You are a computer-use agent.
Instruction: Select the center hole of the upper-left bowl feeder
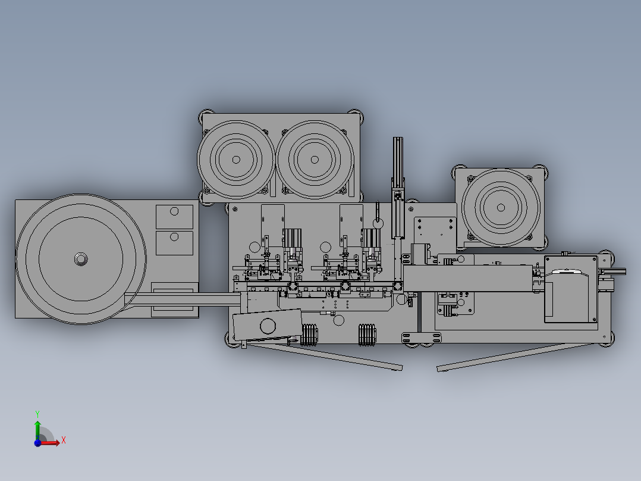tap(236, 160)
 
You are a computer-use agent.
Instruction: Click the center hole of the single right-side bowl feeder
tap(502, 208)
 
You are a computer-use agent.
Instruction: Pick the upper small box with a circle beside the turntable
tap(174, 216)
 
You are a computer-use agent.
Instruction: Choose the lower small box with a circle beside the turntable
tap(174, 242)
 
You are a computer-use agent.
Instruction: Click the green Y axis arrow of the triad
tap(37, 424)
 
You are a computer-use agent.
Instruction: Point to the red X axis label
tap(63, 441)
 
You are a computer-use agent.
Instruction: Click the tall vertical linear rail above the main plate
tap(397, 173)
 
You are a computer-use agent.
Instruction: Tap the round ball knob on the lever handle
tap(378, 223)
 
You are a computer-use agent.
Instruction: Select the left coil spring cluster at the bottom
tap(310, 335)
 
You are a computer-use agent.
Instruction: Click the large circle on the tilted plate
tap(268, 326)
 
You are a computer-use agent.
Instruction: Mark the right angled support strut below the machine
tap(511, 355)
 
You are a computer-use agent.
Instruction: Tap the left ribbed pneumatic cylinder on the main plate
tap(293, 240)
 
